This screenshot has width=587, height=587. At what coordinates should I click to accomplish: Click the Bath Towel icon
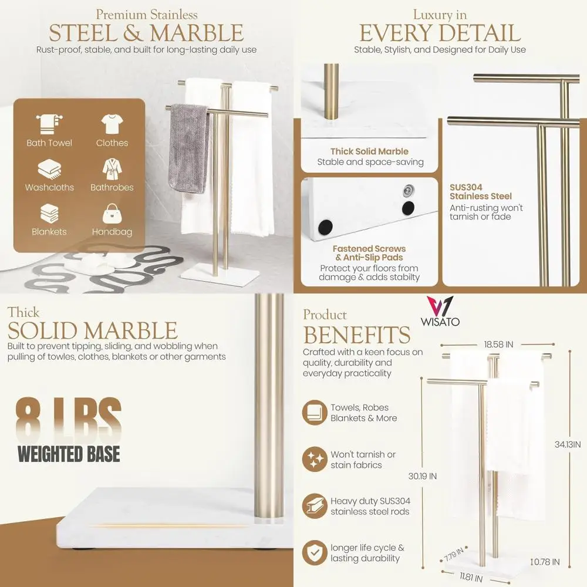coord(49,124)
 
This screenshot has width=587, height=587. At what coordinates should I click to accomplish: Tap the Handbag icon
coord(112,214)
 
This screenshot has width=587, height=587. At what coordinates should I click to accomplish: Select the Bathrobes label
coord(112,187)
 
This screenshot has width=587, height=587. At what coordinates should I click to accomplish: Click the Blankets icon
coord(49,214)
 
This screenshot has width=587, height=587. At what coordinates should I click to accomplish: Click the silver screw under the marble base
coord(406,189)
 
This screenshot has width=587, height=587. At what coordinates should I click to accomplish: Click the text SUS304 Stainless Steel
coord(481,192)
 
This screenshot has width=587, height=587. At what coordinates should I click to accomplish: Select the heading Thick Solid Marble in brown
coord(369,151)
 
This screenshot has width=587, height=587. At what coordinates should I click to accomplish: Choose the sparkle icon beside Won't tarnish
coord(315,460)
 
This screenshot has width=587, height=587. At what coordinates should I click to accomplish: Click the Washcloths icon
coord(49,169)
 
